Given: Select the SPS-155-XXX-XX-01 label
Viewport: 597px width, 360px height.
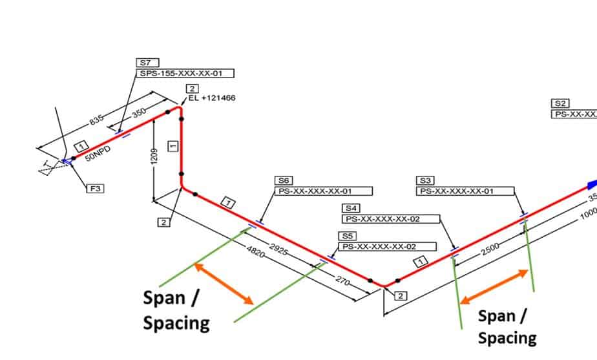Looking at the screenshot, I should [185, 74].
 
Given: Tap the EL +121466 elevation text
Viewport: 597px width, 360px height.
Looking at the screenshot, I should [212, 99].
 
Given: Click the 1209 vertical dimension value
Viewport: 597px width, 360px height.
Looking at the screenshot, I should [153, 153].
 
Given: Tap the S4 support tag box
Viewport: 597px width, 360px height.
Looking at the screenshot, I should [351, 208].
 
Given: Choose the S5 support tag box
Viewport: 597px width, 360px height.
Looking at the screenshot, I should [347, 236].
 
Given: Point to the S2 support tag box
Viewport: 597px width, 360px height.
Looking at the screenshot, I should [560, 103].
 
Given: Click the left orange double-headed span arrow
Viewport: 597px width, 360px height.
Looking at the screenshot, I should [225, 283].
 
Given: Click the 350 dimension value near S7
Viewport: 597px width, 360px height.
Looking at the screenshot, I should [138, 114].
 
